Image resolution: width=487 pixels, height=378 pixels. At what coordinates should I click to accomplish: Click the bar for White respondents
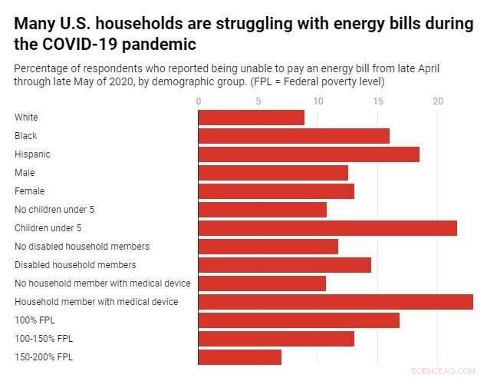pyautogui.click(x=251, y=118)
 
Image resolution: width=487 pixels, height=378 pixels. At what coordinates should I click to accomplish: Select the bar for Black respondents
pyautogui.click(x=294, y=136)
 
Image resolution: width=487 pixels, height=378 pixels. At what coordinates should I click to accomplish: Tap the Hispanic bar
pyautogui.click(x=308, y=154)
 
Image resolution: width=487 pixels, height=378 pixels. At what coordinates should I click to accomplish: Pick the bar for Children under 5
pyautogui.click(x=327, y=228)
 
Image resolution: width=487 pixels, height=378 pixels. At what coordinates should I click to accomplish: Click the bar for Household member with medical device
pyautogui.click(x=335, y=302)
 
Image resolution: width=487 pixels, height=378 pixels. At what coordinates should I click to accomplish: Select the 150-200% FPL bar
pyautogui.click(x=239, y=357)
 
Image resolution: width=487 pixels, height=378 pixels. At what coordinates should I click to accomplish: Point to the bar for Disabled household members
pyautogui.click(x=285, y=265)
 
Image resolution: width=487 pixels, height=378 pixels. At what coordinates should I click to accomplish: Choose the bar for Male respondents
pyautogui.click(x=273, y=173)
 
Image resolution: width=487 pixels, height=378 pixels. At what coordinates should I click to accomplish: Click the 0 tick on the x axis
pyautogui.click(x=199, y=101)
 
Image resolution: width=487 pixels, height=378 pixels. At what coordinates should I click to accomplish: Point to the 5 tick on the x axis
pyautogui.click(x=258, y=101)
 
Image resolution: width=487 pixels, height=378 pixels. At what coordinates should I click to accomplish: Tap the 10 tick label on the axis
pyautogui.click(x=318, y=101)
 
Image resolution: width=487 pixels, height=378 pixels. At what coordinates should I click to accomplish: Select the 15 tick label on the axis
pyautogui.click(x=377, y=101)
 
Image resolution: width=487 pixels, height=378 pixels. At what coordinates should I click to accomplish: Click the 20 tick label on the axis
pyautogui.click(x=437, y=101)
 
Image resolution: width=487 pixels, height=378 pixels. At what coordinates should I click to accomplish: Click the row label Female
pyautogui.click(x=30, y=191)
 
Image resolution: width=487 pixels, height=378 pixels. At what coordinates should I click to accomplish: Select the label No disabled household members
pyautogui.click(x=82, y=247)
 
